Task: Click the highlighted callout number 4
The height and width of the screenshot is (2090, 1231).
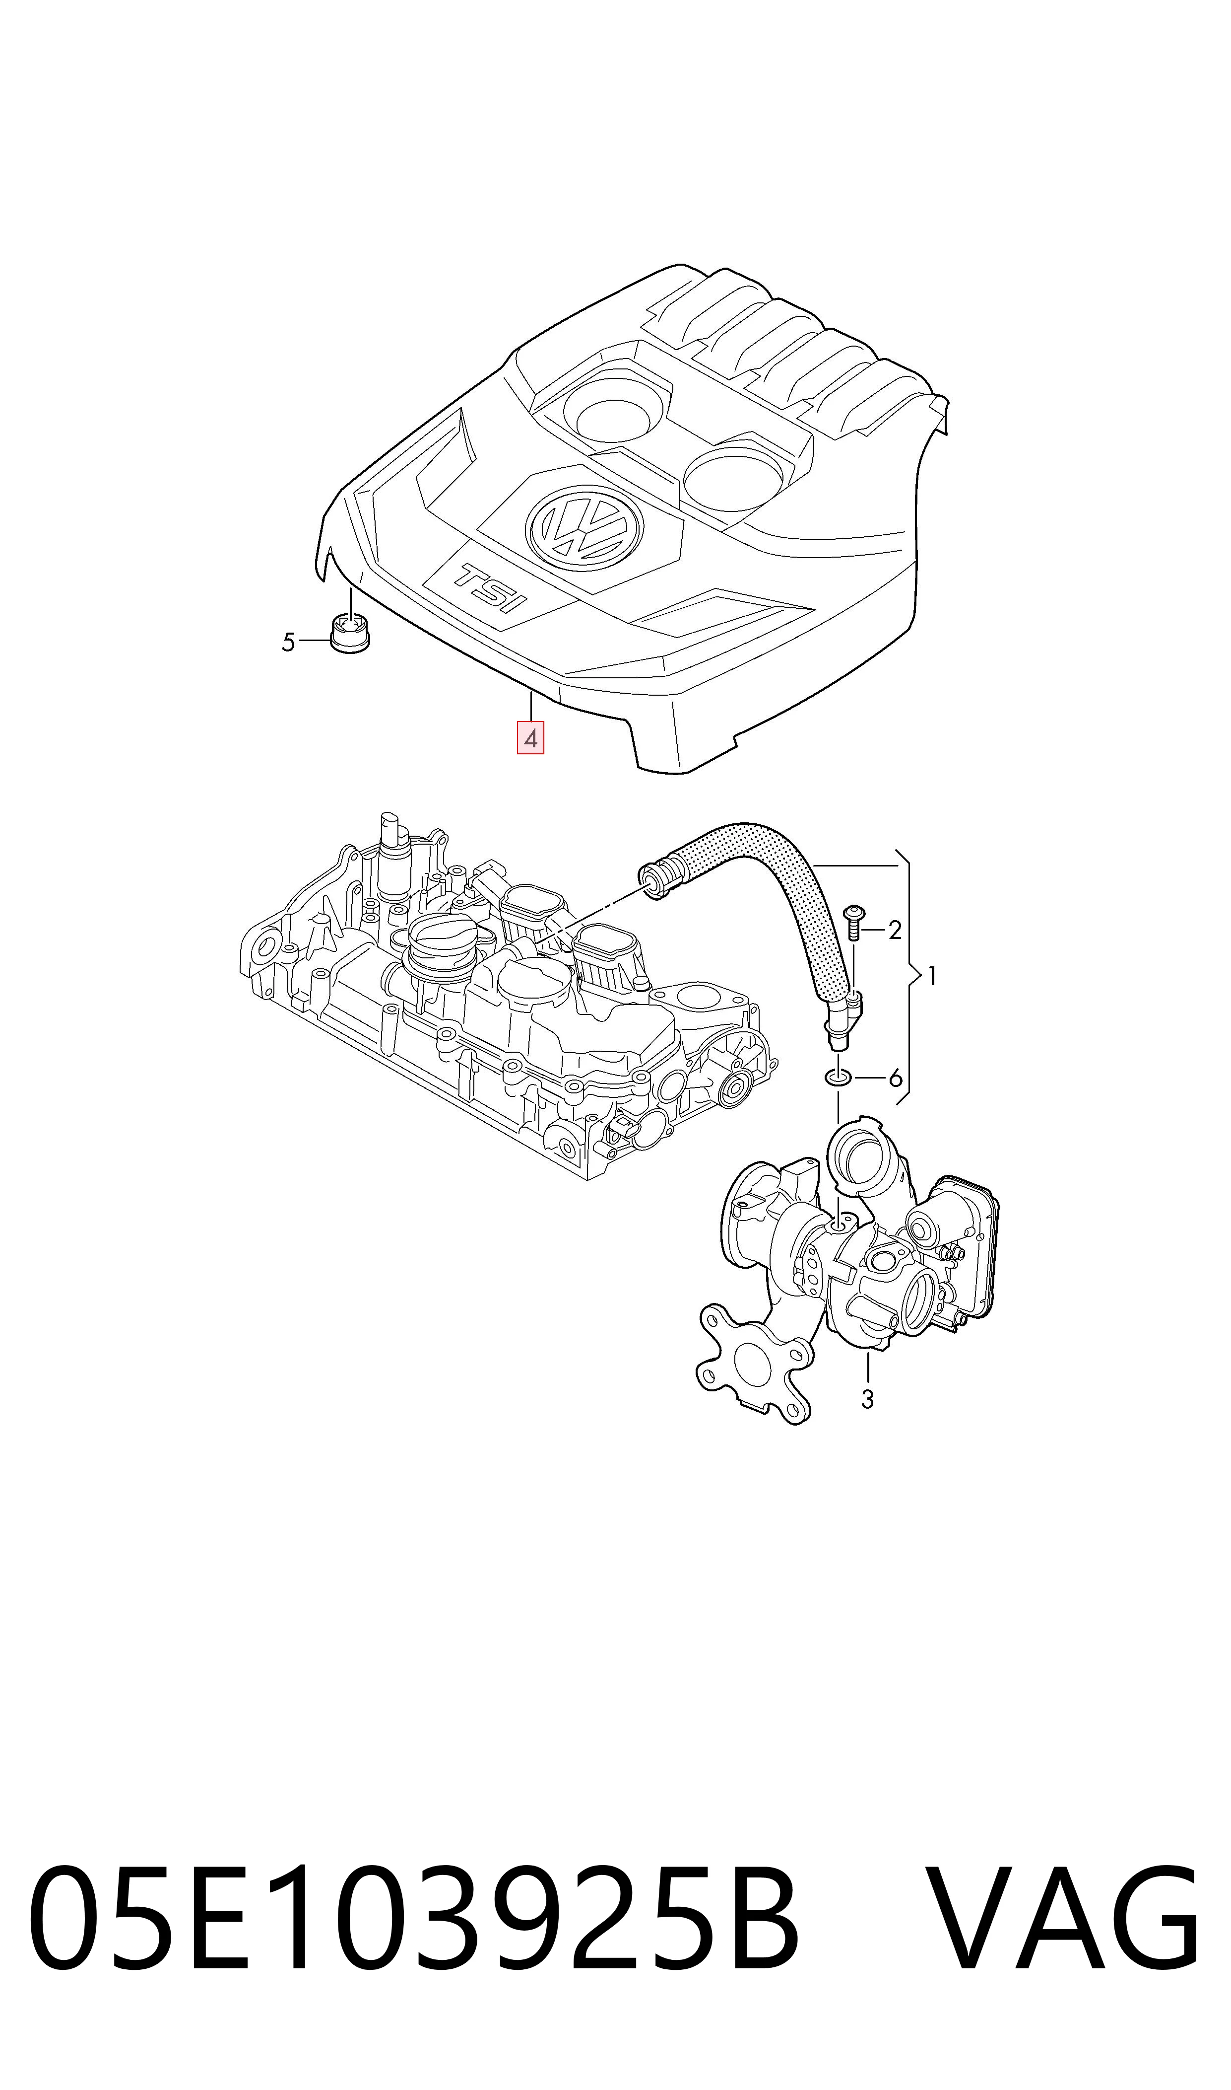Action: (x=530, y=738)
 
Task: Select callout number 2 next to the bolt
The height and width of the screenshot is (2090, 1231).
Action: (x=894, y=931)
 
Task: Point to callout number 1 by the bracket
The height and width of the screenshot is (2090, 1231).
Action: (x=932, y=976)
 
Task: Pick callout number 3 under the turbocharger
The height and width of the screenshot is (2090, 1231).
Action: (x=868, y=1399)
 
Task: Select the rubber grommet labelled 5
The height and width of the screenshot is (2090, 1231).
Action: (x=350, y=633)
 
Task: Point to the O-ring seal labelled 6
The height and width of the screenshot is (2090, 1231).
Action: (x=838, y=1078)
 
